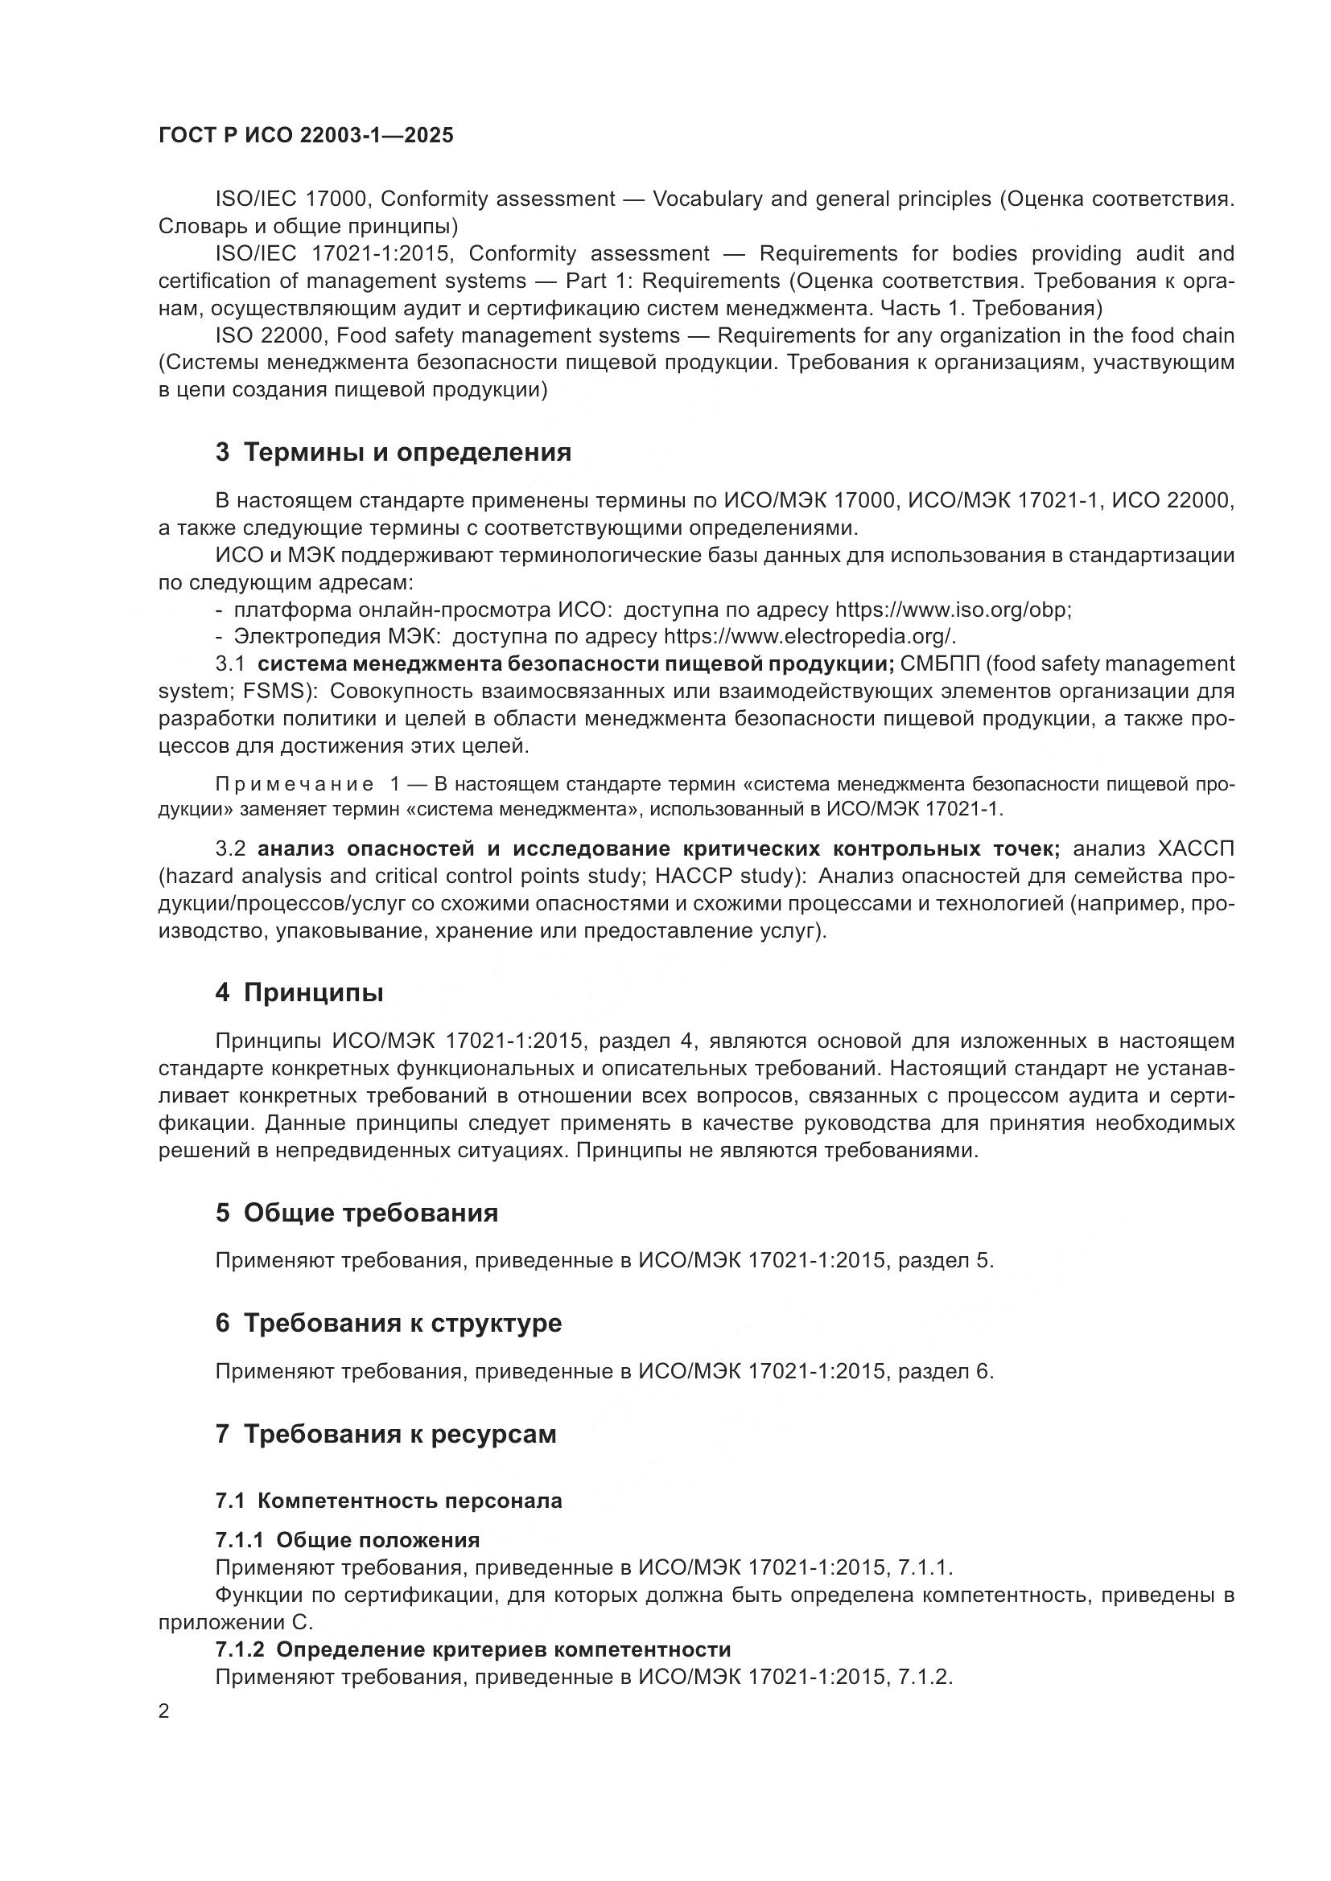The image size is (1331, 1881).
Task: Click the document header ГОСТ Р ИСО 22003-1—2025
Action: pyautogui.click(x=306, y=136)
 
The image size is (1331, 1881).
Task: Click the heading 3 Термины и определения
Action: pyautogui.click(x=394, y=452)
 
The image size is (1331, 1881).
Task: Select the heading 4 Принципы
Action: pyautogui.click(x=299, y=993)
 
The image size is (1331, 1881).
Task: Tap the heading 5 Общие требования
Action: pyautogui.click(x=356, y=1213)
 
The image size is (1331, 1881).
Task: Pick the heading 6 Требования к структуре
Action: pyautogui.click(x=389, y=1323)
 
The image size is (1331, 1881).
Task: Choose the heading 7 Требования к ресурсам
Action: pyautogui.click(x=386, y=1434)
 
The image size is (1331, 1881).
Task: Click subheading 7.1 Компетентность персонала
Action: pyautogui.click(x=389, y=1501)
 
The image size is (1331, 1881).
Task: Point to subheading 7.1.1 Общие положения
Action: pyautogui.click(x=348, y=1540)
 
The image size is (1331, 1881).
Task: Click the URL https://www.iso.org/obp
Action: pyautogui.click(x=952, y=610)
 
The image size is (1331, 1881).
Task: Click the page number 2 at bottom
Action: pyautogui.click(x=164, y=1711)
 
